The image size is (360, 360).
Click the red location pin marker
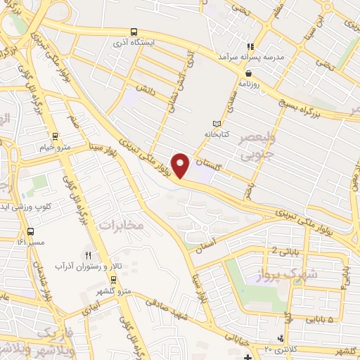click(181, 166)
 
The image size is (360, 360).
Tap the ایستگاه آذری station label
click(138, 41)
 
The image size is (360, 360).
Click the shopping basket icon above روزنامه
click(248, 72)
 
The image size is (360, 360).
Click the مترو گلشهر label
click(114, 292)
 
